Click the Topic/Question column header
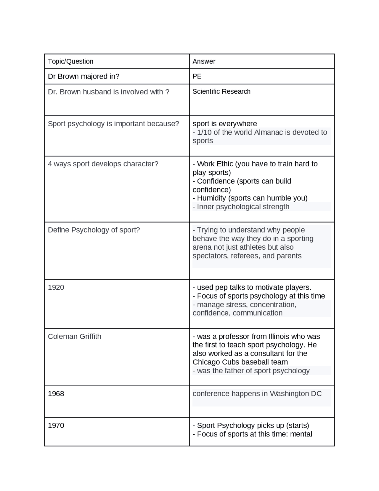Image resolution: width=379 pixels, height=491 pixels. pyautogui.click(x=70, y=61)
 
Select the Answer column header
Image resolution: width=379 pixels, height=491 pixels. pyautogui.click(x=204, y=61)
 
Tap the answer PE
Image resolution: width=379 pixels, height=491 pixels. pyautogui.click(x=197, y=76)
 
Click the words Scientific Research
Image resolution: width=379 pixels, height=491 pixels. pyautogui.click(x=221, y=92)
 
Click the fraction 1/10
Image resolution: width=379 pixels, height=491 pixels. pyautogui.click(x=204, y=132)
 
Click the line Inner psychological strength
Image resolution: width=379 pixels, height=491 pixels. pyautogui.click(x=243, y=207)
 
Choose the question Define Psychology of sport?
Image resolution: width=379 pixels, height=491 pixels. pyautogui.click(x=94, y=230)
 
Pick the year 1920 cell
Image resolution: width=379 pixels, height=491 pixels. pyautogui.click(x=56, y=288)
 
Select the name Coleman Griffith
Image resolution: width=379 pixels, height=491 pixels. pyautogui.click(x=74, y=337)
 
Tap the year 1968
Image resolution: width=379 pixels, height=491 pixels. pyautogui.click(x=56, y=394)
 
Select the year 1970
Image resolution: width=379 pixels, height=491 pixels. pyautogui.click(x=56, y=426)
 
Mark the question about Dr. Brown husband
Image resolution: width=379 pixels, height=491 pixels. pyautogui.click(x=108, y=92)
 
